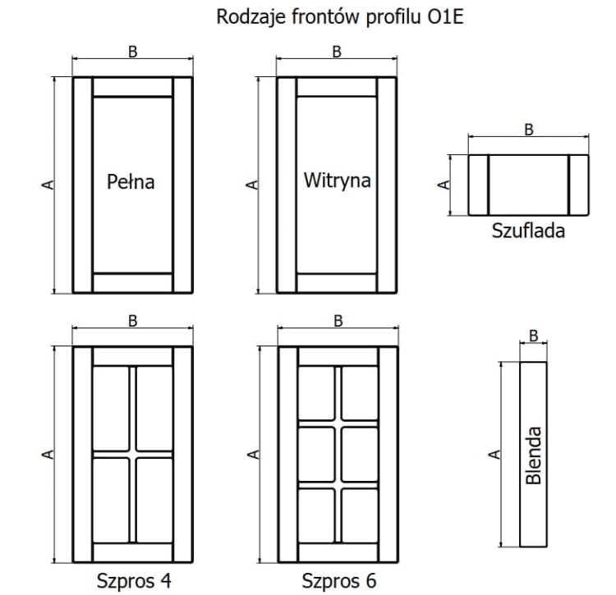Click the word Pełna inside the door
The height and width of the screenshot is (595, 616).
click(131, 181)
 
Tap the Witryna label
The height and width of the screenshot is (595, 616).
click(337, 181)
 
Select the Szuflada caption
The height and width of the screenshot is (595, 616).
click(528, 231)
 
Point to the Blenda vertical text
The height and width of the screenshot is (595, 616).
click(534, 455)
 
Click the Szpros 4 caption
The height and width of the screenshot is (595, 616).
click(134, 581)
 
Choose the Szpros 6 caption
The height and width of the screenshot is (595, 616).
click(339, 581)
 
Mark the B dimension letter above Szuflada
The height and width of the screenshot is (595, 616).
click(529, 130)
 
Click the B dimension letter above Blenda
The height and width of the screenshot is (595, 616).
click(533, 336)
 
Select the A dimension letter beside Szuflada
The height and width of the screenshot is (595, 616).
click(444, 185)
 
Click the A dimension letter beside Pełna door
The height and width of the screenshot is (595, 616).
click(48, 185)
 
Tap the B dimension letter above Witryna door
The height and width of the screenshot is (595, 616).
click(337, 52)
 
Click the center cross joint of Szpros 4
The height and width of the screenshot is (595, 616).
click(132, 455)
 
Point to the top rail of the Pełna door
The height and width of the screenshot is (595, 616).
click(133, 87)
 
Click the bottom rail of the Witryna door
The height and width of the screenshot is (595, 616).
click(337, 283)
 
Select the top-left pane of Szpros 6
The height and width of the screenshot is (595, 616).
click(317, 393)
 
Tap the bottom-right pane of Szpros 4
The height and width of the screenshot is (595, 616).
click(154, 501)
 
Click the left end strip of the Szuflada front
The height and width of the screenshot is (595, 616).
click(478, 185)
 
